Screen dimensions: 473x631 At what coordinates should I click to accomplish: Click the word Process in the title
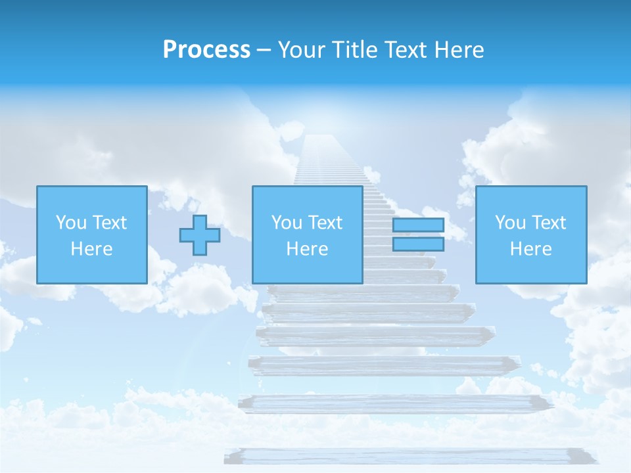pyautogui.click(x=206, y=50)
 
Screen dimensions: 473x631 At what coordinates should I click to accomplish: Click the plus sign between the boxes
pyautogui.click(x=200, y=235)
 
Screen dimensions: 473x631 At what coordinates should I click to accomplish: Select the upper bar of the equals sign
pyautogui.click(x=418, y=225)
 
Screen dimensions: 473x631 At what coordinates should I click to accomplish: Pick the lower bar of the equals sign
pyautogui.click(x=418, y=244)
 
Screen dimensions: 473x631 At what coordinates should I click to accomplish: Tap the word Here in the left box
pyautogui.click(x=91, y=249)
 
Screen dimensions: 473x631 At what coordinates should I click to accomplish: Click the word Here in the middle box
pyautogui.click(x=307, y=249)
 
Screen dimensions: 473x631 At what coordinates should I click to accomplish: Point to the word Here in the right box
pyautogui.click(x=530, y=249)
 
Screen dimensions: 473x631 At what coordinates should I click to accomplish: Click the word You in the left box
pyautogui.click(x=71, y=223)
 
